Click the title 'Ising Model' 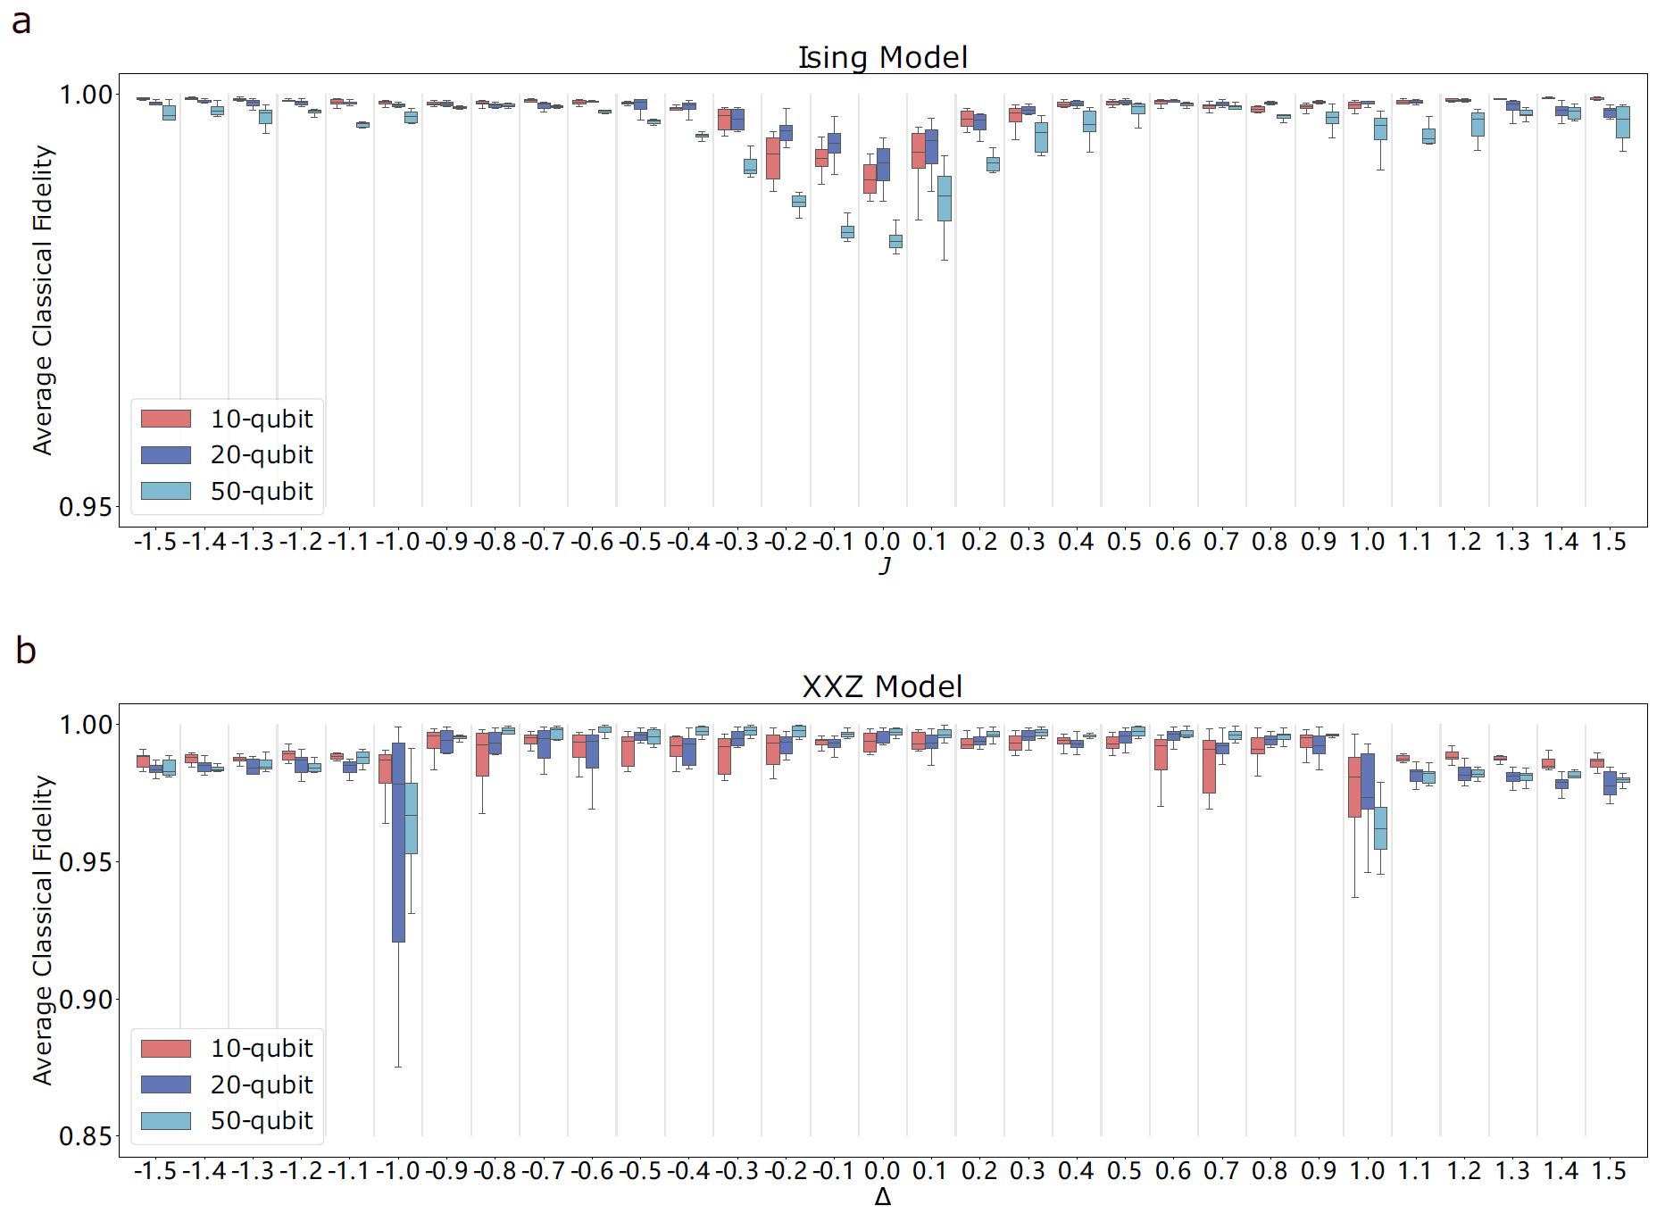tap(882, 57)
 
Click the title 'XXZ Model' tap(882, 686)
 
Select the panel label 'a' tap(21, 21)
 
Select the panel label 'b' tap(25, 651)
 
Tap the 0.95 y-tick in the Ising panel tap(86, 507)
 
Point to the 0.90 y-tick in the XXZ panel tap(86, 1000)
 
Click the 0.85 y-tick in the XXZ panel tap(86, 1137)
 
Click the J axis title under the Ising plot tap(884, 566)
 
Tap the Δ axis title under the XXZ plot tap(882, 1197)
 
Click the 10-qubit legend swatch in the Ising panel tap(166, 419)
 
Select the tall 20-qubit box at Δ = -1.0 tap(398, 842)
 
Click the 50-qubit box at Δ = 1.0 tap(1380, 828)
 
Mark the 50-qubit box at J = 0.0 tap(895, 241)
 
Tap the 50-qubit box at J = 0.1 tap(945, 198)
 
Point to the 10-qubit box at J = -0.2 tap(773, 158)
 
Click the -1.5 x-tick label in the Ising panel tap(155, 543)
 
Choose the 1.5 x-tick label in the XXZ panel tap(1610, 1172)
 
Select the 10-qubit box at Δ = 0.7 tap(1209, 767)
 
